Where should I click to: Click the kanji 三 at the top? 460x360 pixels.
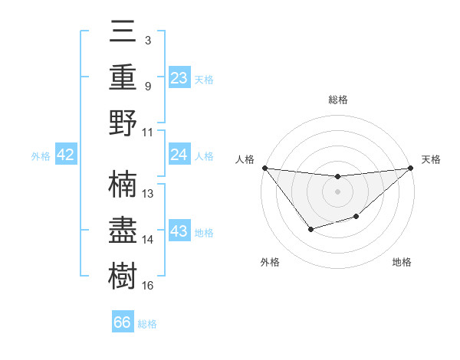(x=123, y=31)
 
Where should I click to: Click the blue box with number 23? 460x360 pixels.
(x=179, y=77)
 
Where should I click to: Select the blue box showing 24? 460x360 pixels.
(x=179, y=155)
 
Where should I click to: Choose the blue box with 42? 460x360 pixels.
(x=66, y=155)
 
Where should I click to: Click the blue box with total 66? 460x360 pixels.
(x=123, y=322)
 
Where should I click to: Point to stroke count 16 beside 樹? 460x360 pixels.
(x=147, y=286)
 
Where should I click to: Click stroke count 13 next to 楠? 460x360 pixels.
(x=147, y=194)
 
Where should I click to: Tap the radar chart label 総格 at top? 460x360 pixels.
(x=337, y=100)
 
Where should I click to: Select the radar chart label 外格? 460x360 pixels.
(x=270, y=262)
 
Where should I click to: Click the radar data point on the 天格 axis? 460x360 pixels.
(x=411, y=169)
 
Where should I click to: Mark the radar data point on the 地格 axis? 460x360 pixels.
(x=356, y=218)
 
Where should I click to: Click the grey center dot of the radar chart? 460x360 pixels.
(x=337, y=191)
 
